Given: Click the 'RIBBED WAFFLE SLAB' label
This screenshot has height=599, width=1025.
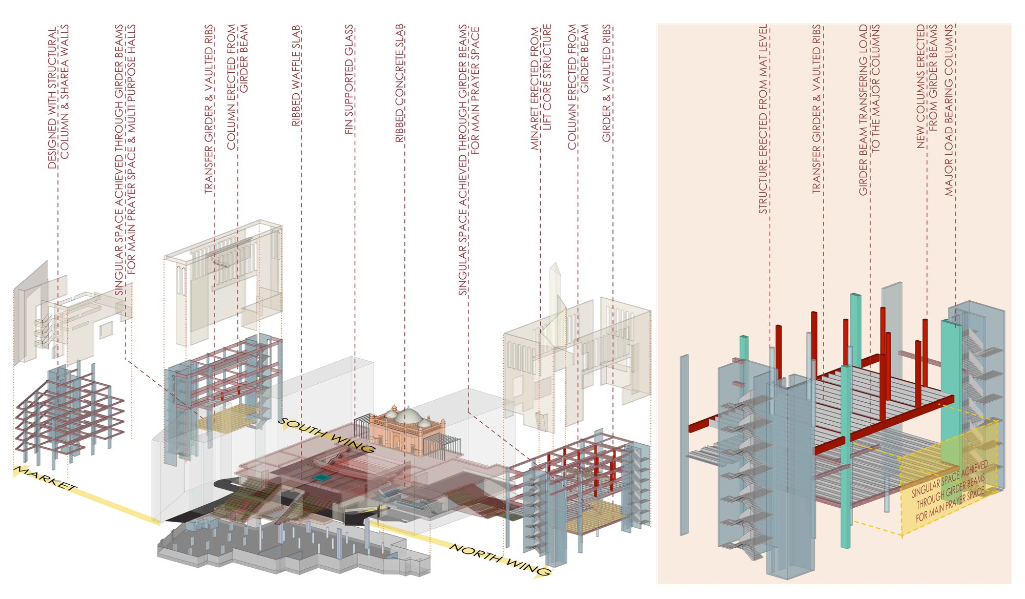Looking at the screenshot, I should click(296, 76).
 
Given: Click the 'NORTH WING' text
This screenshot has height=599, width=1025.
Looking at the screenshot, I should click(500, 560).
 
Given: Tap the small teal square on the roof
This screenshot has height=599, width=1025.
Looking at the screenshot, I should click(321, 478).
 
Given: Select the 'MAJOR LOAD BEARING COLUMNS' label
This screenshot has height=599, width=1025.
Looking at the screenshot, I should click(949, 110).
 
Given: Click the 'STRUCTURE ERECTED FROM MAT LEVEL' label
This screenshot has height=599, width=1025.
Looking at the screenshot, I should click(764, 119).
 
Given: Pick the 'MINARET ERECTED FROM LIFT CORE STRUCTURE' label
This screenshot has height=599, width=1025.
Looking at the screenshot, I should click(541, 87).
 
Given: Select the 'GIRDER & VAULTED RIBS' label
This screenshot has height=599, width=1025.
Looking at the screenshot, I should click(607, 83).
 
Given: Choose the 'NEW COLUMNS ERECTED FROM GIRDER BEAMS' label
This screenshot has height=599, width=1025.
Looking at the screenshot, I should click(927, 86).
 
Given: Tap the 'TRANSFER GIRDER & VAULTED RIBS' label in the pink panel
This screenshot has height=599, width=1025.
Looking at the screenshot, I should click(817, 109).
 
